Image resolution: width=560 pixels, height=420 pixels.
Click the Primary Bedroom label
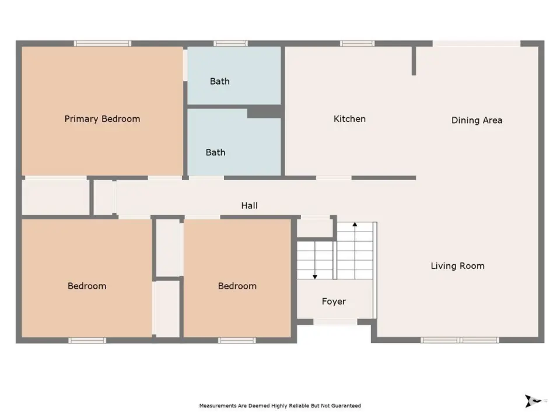[102, 119]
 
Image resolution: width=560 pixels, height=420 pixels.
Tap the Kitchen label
[349, 119]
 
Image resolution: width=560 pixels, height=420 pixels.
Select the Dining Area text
[477, 120]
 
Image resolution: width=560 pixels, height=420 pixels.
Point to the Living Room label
[457, 266]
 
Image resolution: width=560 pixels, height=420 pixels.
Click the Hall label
[249, 206]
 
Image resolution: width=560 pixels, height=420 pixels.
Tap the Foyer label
[334, 302]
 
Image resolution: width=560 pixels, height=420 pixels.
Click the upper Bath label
[220, 82]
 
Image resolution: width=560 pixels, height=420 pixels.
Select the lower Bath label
[215, 152]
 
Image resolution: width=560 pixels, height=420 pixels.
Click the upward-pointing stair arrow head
[355, 224]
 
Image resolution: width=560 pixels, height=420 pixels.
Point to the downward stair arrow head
[314, 276]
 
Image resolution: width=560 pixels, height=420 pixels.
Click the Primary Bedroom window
[103, 44]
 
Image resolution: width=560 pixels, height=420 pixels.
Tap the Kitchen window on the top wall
[357, 44]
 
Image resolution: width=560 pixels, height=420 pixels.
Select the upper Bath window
[231, 44]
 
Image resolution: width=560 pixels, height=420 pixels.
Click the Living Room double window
[460, 340]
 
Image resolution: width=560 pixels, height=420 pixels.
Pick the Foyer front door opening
[335, 322]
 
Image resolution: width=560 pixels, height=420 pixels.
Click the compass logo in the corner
[532, 401]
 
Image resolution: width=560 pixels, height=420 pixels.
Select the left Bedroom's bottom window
[87, 340]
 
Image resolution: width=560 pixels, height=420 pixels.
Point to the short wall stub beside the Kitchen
[414, 61]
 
